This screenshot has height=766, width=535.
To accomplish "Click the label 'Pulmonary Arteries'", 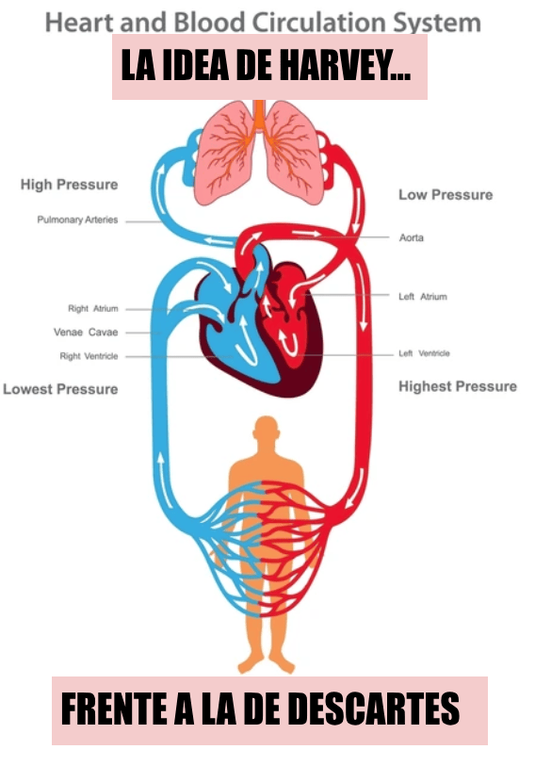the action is (x=77, y=220).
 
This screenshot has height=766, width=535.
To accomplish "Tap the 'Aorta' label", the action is (x=412, y=238).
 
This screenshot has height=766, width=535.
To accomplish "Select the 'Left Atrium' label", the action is (x=423, y=297).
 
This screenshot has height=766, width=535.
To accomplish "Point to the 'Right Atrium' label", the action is (x=93, y=308).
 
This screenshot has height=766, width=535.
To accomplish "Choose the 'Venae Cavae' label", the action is (x=86, y=333).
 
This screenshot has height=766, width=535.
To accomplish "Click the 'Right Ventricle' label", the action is (x=89, y=356).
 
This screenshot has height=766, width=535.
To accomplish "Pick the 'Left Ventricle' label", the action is (x=424, y=353).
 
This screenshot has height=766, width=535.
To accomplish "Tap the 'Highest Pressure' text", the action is (x=458, y=386).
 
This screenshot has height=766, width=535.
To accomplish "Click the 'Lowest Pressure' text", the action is (x=60, y=389).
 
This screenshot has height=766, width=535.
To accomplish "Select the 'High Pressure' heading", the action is (x=69, y=185).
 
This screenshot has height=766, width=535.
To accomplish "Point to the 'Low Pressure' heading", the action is (x=446, y=195).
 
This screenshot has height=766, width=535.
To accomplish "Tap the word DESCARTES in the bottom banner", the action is (x=373, y=709).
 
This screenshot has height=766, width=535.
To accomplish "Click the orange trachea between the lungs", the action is (x=259, y=116).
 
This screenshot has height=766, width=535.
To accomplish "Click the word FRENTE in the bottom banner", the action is (x=116, y=709).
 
